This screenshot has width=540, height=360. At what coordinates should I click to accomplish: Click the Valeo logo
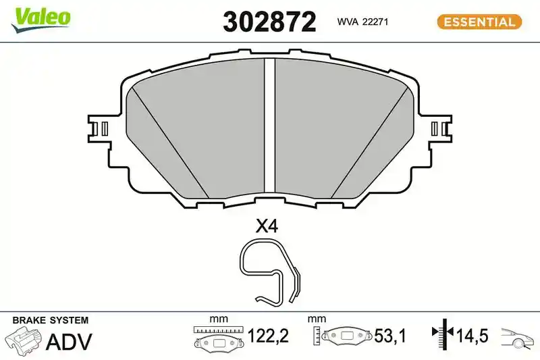point(40,20)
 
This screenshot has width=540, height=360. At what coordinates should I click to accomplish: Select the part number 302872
point(269,22)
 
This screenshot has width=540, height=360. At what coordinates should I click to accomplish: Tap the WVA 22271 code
point(362,22)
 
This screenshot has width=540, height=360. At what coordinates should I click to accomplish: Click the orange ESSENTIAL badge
point(479,22)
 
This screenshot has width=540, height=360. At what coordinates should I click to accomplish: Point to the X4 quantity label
point(266,226)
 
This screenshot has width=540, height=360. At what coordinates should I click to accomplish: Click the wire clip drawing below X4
point(269,272)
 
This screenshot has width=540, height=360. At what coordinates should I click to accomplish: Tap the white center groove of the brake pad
point(269,126)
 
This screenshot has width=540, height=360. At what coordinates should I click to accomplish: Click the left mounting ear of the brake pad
point(99,128)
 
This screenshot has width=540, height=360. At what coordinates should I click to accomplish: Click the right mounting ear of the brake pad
point(440,128)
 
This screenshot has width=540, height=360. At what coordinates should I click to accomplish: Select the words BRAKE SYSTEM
point(50,320)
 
